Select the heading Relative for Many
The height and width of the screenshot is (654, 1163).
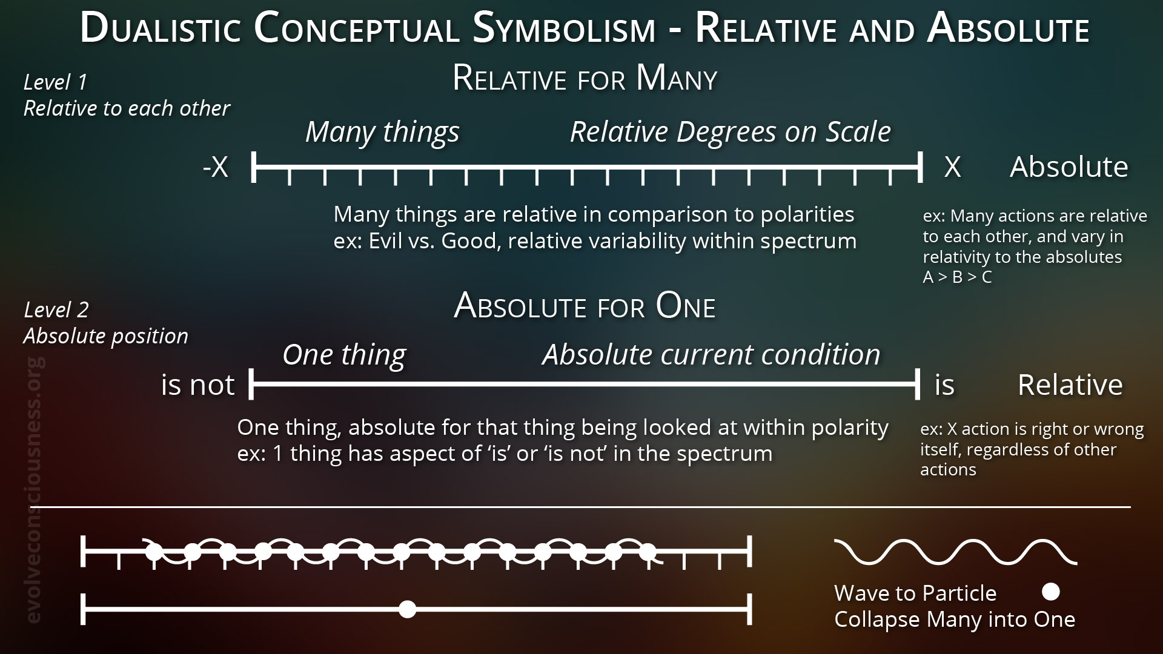[585, 78]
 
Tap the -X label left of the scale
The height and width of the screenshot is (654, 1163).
[216, 167]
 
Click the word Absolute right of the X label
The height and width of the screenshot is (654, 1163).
[1069, 167]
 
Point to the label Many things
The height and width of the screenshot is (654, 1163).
[382, 132]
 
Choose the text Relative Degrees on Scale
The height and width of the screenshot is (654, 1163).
[731, 132]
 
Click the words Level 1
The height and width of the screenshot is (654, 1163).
[56, 82]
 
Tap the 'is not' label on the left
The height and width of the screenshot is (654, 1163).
[197, 385]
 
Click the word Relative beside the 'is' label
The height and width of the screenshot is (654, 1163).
[1070, 385]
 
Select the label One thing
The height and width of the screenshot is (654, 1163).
[344, 355]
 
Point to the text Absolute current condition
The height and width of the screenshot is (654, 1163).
[711, 355]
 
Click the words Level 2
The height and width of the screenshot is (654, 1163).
[56, 310]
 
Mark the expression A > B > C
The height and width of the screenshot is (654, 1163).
[957, 277]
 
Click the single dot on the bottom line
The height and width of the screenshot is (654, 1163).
[408, 609]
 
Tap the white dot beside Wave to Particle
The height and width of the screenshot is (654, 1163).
[1051, 592]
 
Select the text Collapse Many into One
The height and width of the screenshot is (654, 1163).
[955, 619]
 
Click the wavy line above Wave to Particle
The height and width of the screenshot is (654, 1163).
[956, 552]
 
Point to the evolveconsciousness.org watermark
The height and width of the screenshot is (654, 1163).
[35, 490]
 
